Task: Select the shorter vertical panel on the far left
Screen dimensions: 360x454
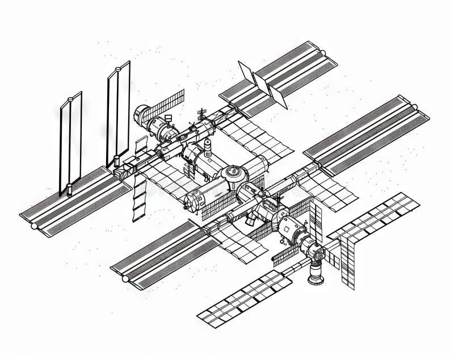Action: [71, 142]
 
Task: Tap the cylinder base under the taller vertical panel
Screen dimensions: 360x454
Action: [116, 161]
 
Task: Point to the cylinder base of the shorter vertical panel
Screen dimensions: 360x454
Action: [69, 190]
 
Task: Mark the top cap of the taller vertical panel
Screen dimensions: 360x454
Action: [118, 69]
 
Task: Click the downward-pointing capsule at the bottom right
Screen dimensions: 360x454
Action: [316, 273]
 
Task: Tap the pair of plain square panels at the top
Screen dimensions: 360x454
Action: [263, 85]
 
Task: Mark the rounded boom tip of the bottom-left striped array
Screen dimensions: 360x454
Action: [125, 278]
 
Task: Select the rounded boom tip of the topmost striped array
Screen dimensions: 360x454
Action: [322, 53]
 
